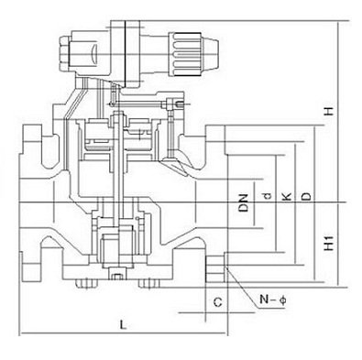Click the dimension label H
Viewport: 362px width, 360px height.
329,111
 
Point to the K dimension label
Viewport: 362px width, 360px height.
286,197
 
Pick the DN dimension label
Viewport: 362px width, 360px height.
244,203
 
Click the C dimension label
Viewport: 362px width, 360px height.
217,302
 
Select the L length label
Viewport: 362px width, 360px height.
123,324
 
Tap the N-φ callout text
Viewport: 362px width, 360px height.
273,300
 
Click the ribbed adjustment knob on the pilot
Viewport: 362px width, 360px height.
185,54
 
